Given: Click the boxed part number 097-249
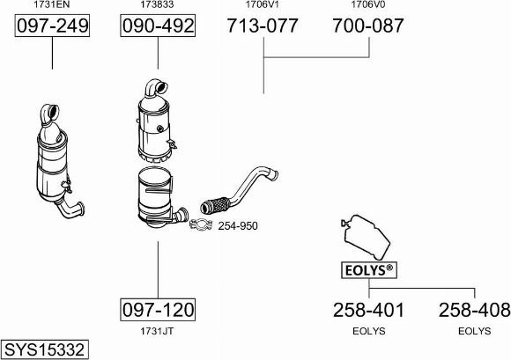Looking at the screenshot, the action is (x=52, y=26).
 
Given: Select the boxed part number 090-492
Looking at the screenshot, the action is (x=158, y=26).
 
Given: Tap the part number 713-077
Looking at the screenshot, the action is (x=263, y=26).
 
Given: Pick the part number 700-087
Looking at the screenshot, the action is (x=368, y=26).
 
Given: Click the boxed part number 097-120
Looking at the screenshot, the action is (x=158, y=310).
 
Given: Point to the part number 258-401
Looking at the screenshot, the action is (x=368, y=310).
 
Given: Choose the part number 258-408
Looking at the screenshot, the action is (x=475, y=310).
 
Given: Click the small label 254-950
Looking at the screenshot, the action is (x=238, y=226).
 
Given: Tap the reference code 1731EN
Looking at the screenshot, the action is (x=52, y=4).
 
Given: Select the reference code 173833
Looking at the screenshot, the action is (x=157, y=4).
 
